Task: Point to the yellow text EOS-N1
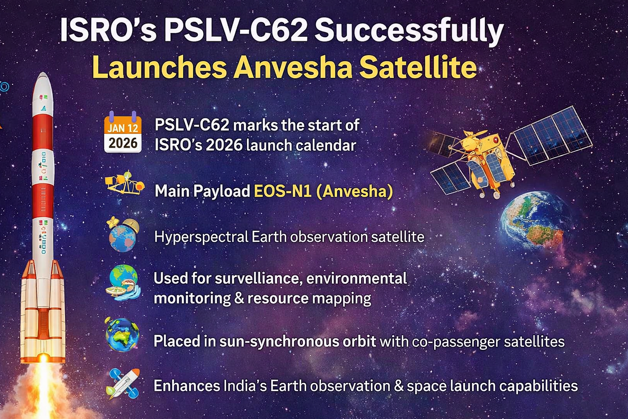283,191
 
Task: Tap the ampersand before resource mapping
239,298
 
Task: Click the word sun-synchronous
298,342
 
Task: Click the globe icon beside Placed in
122,335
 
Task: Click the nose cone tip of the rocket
43,72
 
